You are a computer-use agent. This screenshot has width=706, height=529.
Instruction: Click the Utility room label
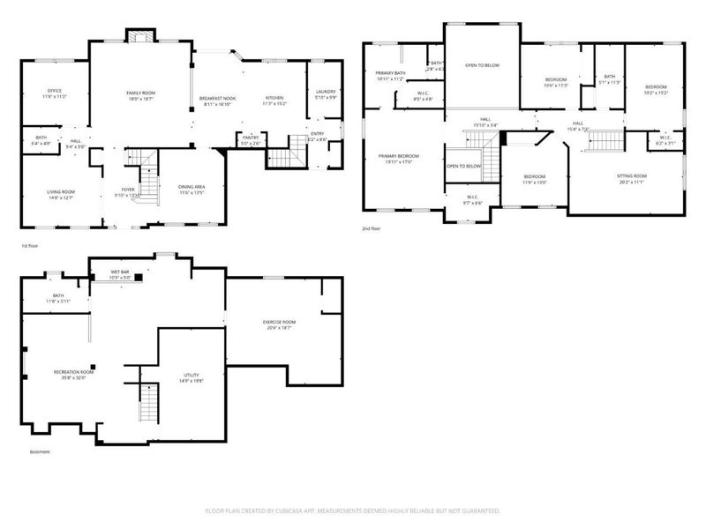(192, 377)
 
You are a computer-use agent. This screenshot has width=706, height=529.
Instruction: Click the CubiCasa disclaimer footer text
(352, 510)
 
